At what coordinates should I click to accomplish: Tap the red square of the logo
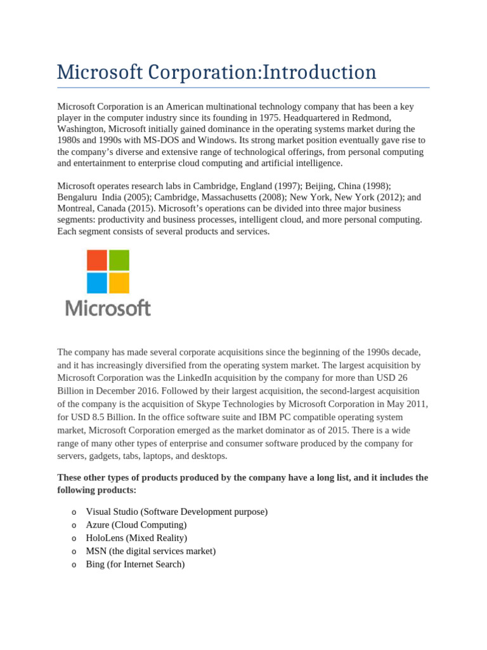coord(96,260)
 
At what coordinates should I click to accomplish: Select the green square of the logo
coord(119,260)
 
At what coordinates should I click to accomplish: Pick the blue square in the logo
coord(96,282)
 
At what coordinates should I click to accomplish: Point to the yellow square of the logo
coord(119,282)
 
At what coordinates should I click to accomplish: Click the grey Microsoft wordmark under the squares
coord(108,308)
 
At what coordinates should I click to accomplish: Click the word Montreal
coord(77,209)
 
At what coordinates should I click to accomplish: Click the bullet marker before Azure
coord(75,525)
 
